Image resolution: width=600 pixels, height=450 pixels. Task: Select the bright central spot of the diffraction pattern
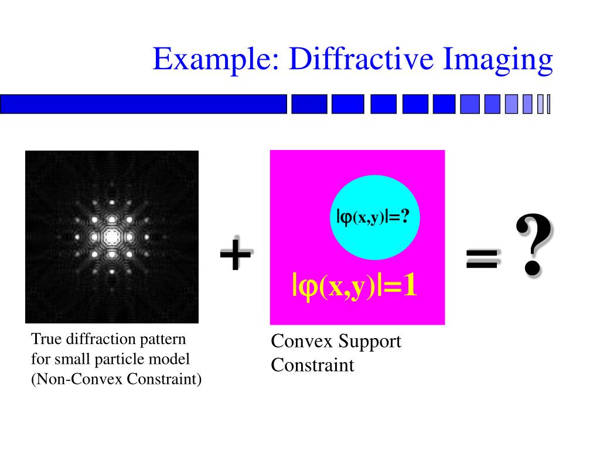tap(111, 237)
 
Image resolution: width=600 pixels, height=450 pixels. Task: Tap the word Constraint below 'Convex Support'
tap(312, 366)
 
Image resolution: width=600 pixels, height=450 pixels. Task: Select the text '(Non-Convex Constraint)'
tap(116, 379)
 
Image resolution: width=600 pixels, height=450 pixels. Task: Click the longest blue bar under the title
tap(144, 104)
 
